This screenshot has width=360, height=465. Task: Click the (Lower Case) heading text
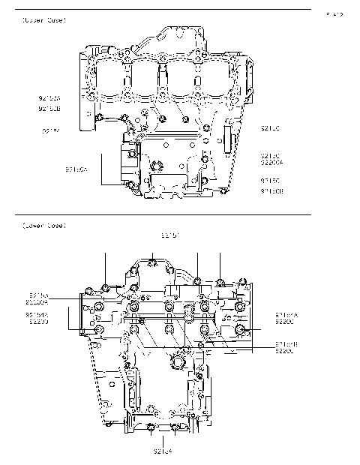click(x=44, y=225)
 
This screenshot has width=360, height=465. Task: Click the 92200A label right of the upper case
click(x=271, y=161)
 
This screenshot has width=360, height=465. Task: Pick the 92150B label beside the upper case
click(x=271, y=191)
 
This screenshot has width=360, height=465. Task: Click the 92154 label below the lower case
click(x=163, y=451)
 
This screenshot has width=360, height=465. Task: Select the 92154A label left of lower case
click(x=37, y=315)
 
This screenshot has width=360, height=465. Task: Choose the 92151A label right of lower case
click(x=286, y=315)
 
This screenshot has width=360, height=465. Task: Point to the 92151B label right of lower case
click(x=286, y=344)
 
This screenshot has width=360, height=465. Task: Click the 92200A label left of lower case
click(x=37, y=301)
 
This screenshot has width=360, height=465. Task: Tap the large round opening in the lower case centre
click(x=178, y=363)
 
